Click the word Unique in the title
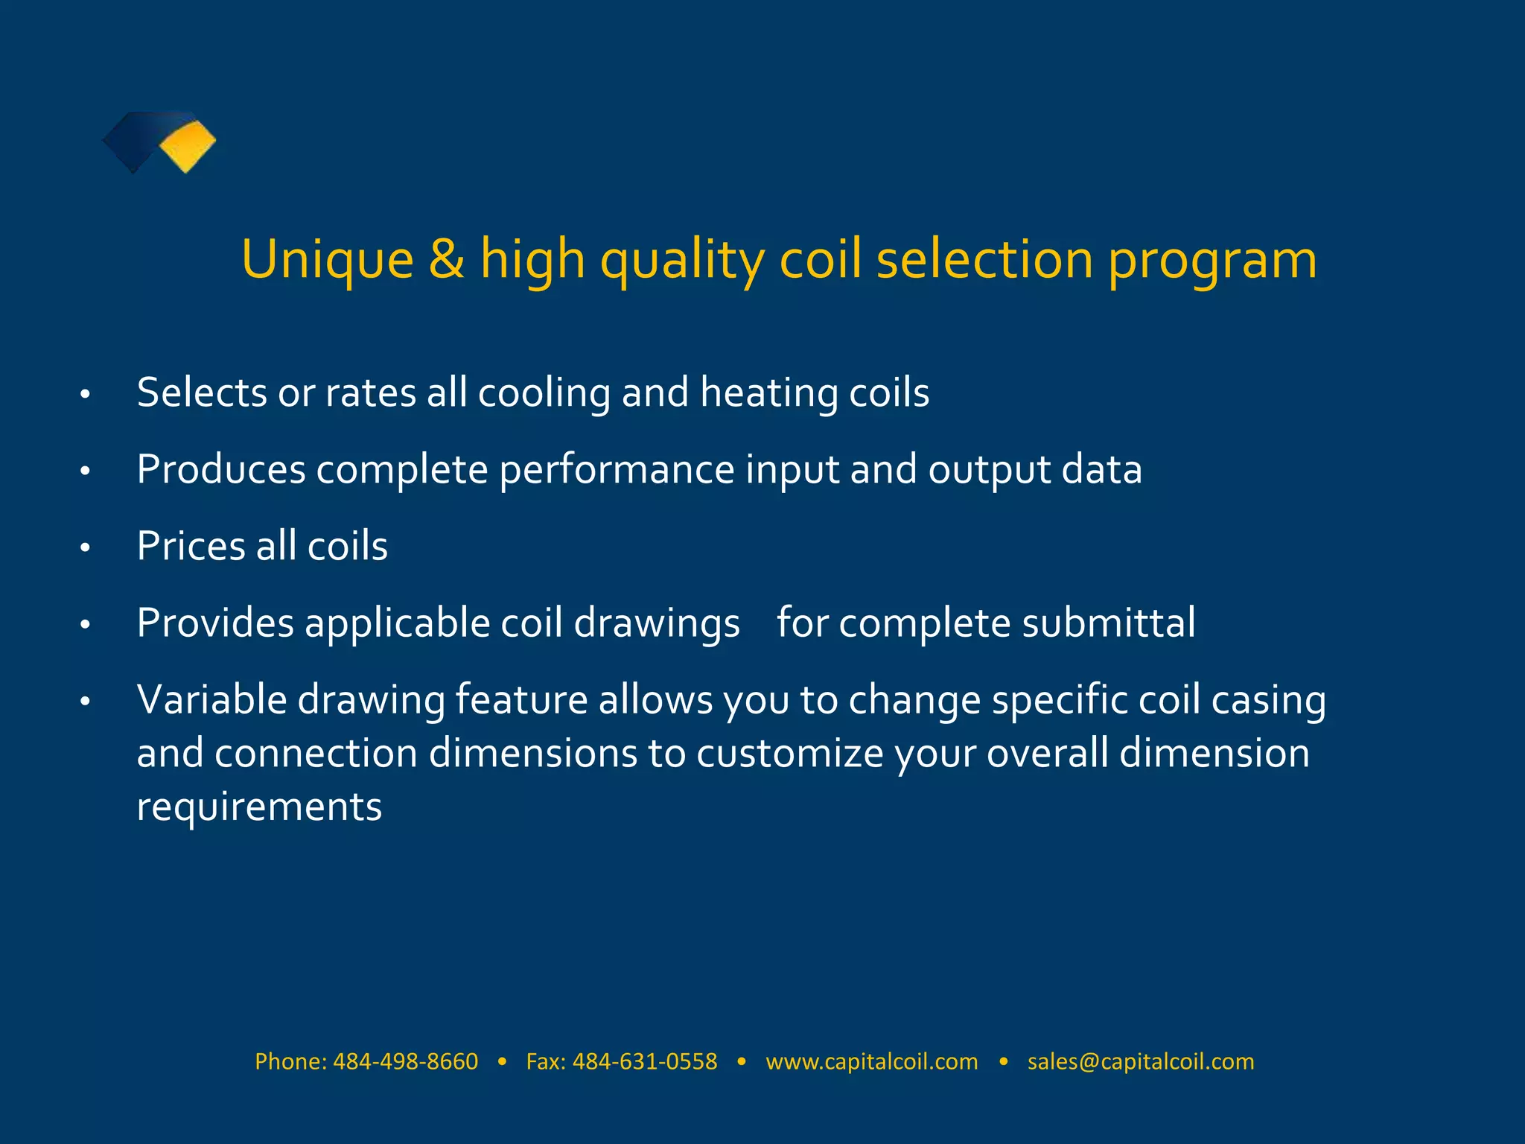pyautogui.click(x=327, y=259)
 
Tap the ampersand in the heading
pyautogui.click(x=446, y=259)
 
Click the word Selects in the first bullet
pyautogui.click(x=202, y=393)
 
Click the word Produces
pyautogui.click(x=221, y=470)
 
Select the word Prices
pyautogui.click(x=191, y=546)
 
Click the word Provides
pyautogui.click(x=215, y=623)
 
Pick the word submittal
pyautogui.click(x=1109, y=623)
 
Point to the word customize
pyautogui.click(x=789, y=754)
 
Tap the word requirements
pyautogui.click(x=259, y=807)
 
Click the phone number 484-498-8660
pyautogui.click(x=405, y=1061)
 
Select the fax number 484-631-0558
pyautogui.click(x=645, y=1061)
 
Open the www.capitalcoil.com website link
pyautogui.click(x=871, y=1061)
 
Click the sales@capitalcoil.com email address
pyautogui.click(x=1141, y=1061)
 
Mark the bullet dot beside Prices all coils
pyautogui.click(x=86, y=548)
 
